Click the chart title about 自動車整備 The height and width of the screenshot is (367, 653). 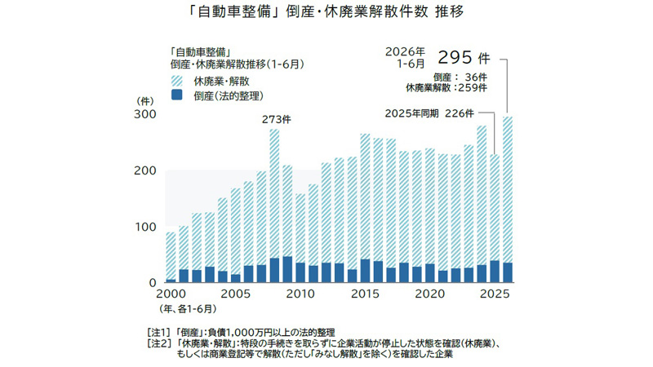coord(326,11)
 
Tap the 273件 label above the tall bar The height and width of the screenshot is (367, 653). coord(277,119)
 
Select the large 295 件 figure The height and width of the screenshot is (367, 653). coord(464,57)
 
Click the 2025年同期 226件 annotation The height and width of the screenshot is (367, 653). coord(429,113)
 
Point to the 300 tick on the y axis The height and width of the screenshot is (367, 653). coord(145,114)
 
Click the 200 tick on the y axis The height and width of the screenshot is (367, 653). coord(145,170)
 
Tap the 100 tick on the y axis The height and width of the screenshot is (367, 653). coord(145,228)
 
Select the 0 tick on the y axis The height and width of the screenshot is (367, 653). coord(153,283)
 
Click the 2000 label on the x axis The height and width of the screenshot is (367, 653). coord(171,294)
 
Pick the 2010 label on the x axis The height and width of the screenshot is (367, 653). coord(300,294)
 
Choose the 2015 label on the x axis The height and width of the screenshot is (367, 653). coord(365,294)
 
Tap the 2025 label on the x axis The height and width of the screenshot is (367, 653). coord(495,294)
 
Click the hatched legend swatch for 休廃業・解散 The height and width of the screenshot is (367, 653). coord(177,81)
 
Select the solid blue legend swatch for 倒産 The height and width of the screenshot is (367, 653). coord(177,95)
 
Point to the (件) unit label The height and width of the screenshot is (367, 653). coord(145,101)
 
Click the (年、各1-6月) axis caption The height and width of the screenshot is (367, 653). coord(188,309)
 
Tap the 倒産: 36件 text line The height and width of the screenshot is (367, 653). coord(460,77)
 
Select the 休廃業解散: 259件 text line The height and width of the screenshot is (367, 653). coord(446,88)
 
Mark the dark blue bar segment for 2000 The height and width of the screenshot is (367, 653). coord(171,281)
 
